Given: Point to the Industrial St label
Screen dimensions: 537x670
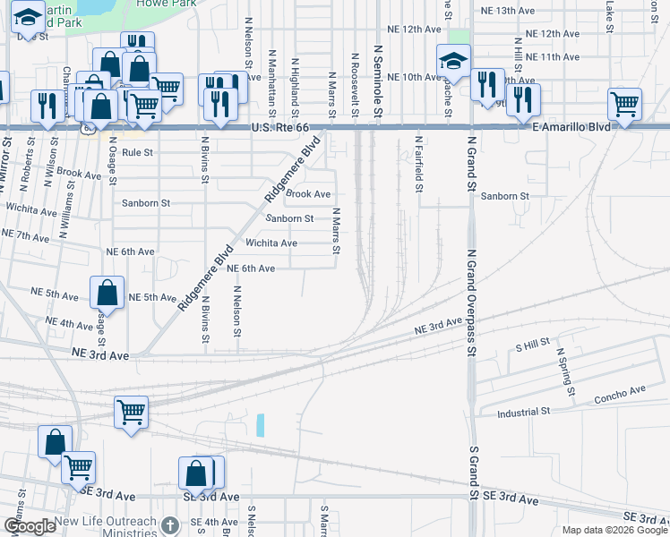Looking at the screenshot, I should point(524,413).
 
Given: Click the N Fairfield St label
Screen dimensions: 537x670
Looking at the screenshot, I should point(417,163).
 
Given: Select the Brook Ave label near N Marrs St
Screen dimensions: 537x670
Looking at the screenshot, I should point(309,194).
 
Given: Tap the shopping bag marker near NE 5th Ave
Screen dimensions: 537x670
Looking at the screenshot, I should point(107,292).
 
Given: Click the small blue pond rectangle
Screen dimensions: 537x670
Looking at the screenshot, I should point(261,425).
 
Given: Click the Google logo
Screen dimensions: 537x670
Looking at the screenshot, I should point(30,527).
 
